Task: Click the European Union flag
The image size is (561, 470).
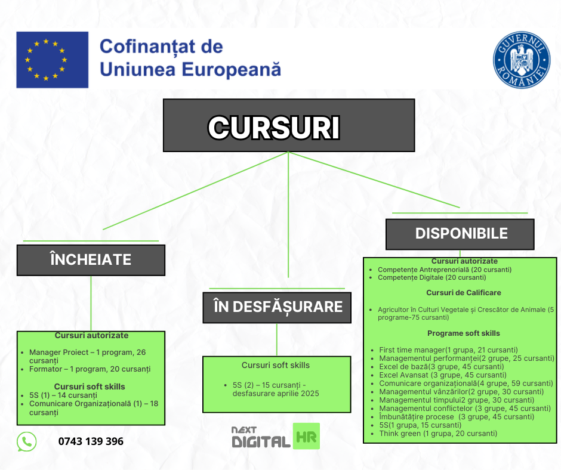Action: coord(53,60)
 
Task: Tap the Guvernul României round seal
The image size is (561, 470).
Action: coord(522,60)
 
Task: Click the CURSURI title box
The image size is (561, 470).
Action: coord(289,125)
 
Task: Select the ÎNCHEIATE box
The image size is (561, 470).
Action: coord(91,260)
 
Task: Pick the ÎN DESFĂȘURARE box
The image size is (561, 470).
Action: coord(277,308)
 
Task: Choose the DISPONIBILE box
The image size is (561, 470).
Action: coord(460,234)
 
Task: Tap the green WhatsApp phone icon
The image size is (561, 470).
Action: coord(27,441)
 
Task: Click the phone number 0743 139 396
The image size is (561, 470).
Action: coord(91,441)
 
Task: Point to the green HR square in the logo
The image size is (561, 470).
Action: coord(306,436)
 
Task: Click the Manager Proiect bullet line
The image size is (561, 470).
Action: coord(88,356)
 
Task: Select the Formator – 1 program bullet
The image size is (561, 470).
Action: coord(90,369)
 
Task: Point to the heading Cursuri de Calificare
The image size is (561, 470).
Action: coord(464,293)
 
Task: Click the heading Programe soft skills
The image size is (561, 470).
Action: coord(464,333)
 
